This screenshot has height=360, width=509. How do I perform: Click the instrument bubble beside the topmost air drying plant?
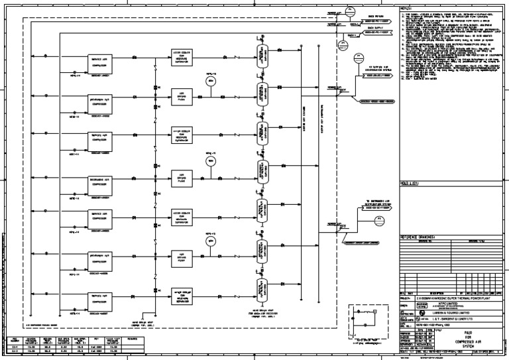tap(211, 81)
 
